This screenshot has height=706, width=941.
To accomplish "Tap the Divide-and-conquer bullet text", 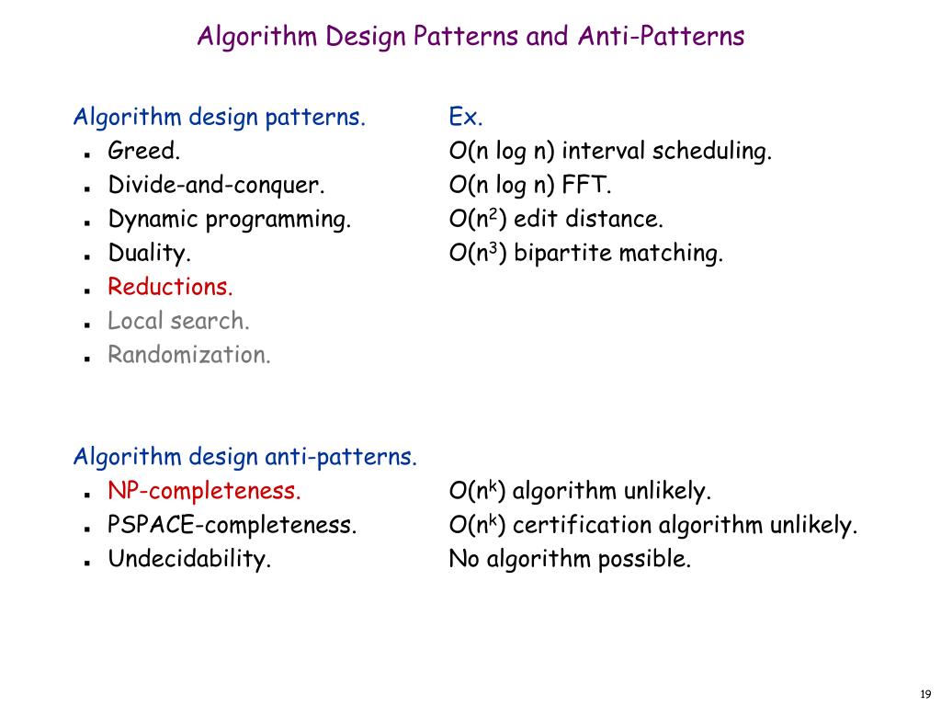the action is point(216,186).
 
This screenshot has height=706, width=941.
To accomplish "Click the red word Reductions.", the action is point(170,287).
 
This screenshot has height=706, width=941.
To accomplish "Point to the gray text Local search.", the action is point(178,321).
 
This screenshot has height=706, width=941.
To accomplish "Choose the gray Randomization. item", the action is point(189,355).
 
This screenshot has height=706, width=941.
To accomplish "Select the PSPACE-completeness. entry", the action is point(232,526).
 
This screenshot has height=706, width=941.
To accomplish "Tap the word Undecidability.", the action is point(189,559).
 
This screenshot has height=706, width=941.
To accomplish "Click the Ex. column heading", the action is point(466,118).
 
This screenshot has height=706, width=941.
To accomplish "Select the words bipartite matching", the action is point(618,254).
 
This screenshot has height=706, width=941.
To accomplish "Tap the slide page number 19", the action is point(924,693).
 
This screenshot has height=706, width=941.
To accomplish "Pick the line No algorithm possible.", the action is point(569,559).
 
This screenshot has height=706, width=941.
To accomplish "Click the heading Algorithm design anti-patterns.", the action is point(244,457).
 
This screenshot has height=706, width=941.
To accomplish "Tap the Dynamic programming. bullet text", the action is point(230,220).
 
